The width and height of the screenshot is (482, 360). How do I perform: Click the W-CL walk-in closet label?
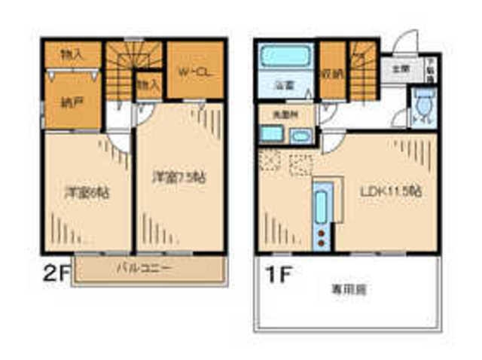tap(194, 72)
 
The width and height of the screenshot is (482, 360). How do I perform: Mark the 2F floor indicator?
tap(55, 273)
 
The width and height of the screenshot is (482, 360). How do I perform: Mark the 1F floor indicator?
tap(276, 273)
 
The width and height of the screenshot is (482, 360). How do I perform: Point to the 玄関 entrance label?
tap(400, 69)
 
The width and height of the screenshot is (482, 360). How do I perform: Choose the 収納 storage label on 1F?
tap(331, 73)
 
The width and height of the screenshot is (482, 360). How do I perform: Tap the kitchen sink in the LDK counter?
tap(321, 207)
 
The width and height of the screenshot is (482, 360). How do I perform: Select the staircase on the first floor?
tap(362, 72)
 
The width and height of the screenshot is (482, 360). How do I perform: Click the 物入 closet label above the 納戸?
tap(71, 54)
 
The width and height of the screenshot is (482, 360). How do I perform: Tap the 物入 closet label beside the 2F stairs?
tap(147, 84)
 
